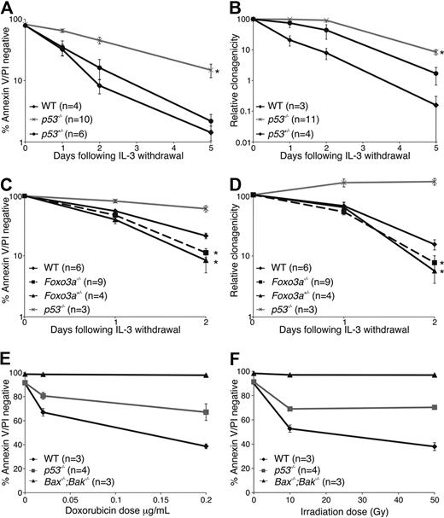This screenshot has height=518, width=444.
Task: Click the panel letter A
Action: pos(7,8)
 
